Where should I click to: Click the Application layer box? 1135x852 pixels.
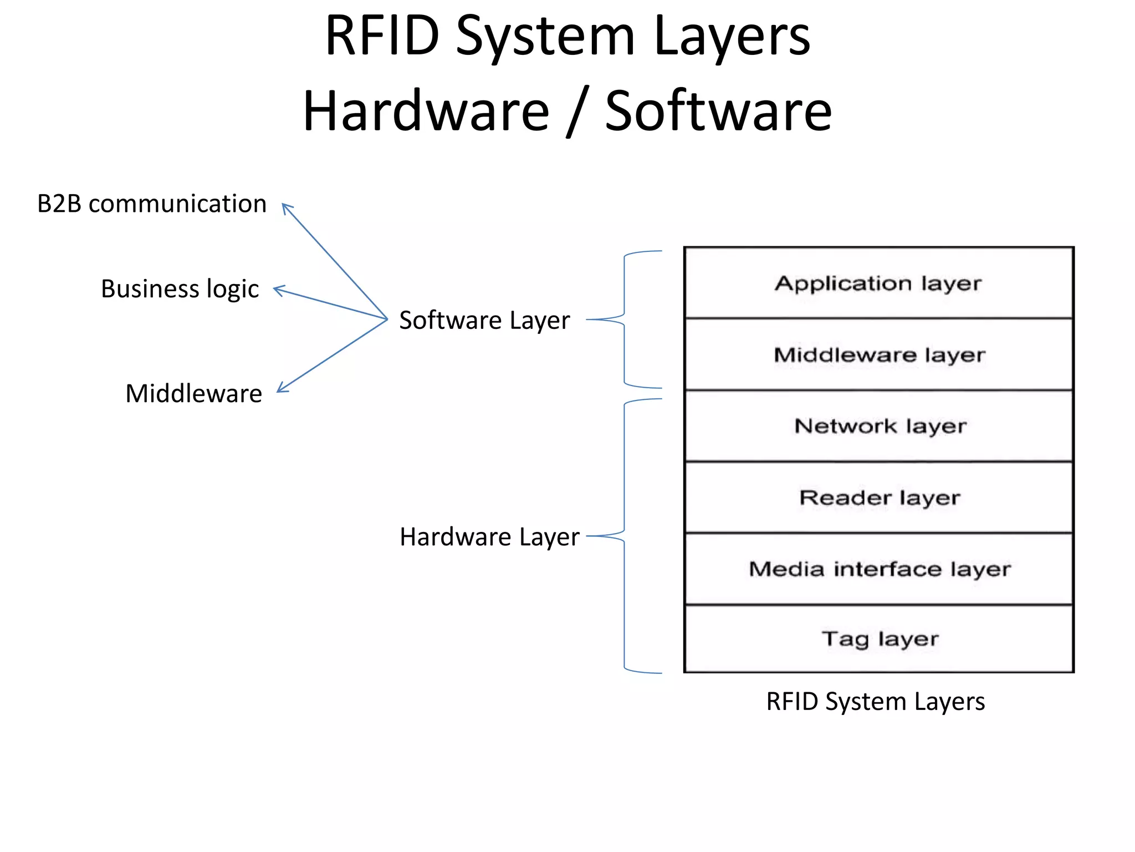pos(878,283)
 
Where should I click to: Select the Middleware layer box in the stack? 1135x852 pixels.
pos(878,354)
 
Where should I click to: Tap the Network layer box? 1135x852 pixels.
pos(878,426)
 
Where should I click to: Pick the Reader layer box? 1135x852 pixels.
pos(878,498)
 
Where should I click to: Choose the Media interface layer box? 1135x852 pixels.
pos(878,569)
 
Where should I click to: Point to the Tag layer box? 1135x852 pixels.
pos(878,639)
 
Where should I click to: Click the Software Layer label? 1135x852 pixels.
pos(484,321)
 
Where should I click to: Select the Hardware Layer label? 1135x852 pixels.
pos(489,537)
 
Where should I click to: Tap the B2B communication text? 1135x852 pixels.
pos(152,204)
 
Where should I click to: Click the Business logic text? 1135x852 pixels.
pos(180,289)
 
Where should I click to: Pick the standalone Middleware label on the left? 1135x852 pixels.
pos(193,394)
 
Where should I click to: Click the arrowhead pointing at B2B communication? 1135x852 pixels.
pos(286,207)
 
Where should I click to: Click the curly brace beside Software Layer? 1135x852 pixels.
pos(625,319)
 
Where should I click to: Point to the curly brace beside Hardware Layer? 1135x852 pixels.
pos(625,536)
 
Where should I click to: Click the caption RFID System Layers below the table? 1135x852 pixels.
pos(875,702)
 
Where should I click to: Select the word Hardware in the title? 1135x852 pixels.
pos(426,111)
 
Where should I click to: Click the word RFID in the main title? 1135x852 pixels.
pos(382,36)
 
